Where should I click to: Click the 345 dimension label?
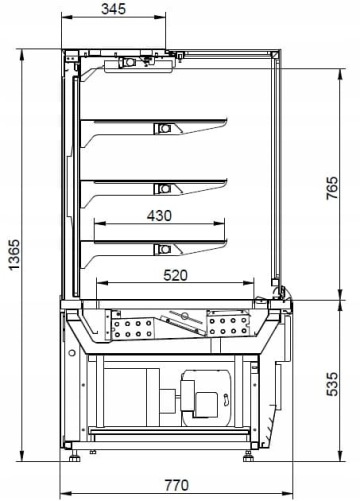(113, 9)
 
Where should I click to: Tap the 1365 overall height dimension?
(15, 255)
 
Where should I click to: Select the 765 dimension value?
(332, 188)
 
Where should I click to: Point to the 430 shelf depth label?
(159, 216)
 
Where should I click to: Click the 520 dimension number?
(176, 275)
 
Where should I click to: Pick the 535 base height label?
(332, 384)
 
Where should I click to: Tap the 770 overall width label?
(177, 485)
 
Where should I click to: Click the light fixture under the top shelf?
(163, 128)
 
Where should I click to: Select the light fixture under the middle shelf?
(163, 189)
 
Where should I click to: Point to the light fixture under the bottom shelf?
(163, 249)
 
